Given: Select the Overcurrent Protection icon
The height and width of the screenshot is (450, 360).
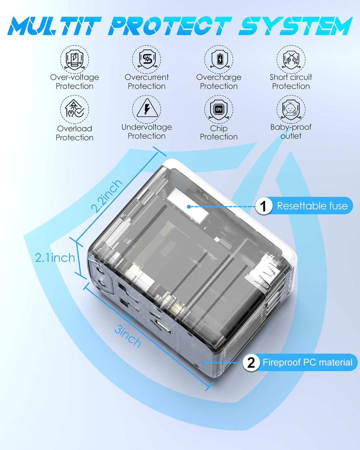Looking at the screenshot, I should point(147,59).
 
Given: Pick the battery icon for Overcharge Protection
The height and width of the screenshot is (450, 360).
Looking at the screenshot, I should point(219,59).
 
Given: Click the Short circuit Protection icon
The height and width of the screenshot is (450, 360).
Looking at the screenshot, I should point(291,59).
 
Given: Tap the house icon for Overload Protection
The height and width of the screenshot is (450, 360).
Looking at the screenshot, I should point(74,109).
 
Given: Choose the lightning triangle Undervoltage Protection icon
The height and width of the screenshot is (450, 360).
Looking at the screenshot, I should point(147,109).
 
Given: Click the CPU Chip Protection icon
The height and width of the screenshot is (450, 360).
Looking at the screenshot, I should point(219,109).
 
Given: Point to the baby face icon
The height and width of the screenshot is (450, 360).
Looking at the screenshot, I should point(291,109).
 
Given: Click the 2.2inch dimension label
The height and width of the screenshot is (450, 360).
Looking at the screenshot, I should point(107,195).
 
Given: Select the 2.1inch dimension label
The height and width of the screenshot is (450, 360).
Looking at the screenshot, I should point(55,258).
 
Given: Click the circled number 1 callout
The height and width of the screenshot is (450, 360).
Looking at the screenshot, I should point(263,206).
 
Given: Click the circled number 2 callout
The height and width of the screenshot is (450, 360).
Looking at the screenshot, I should point(251,362).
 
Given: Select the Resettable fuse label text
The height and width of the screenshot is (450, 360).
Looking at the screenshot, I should point(312,206).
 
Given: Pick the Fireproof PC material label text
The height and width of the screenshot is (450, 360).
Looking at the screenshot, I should point(307,362).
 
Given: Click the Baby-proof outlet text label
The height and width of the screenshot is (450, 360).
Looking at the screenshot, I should point(291,131).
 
